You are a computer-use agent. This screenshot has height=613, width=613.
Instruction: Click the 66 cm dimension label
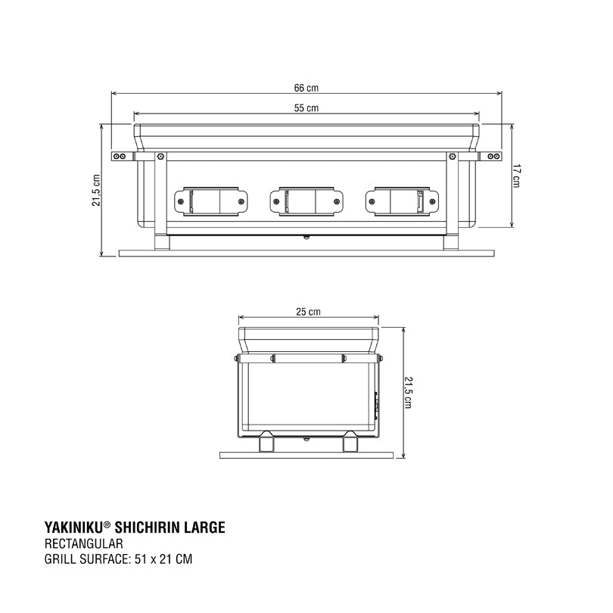click(306, 88)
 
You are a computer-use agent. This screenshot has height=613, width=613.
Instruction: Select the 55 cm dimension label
click(306, 108)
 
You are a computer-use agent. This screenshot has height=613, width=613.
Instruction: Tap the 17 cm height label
click(517, 176)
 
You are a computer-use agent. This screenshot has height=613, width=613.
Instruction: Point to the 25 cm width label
click(309, 312)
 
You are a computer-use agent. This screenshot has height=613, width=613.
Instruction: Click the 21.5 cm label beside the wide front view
click(96, 190)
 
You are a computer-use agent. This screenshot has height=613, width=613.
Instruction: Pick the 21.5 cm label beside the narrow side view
click(408, 394)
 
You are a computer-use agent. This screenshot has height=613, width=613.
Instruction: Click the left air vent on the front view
click(210, 202)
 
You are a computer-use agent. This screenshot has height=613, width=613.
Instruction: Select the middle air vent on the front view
click(306, 202)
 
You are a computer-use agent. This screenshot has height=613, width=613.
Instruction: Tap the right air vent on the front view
click(402, 202)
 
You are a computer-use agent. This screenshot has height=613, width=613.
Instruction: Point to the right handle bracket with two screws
click(490, 157)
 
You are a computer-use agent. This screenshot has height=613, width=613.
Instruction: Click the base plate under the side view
click(307, 455)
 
